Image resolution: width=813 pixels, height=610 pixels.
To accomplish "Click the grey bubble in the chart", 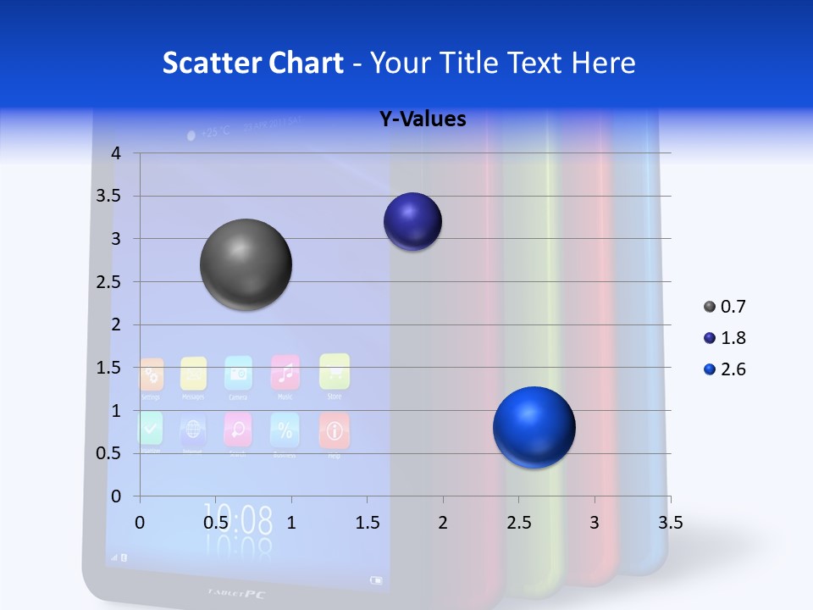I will point(246,264).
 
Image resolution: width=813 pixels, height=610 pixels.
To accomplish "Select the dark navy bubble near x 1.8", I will point(412,222).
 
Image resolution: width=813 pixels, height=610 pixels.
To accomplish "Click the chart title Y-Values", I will point(423,119).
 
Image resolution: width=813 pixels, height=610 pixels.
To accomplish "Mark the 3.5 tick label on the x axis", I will point(670,522).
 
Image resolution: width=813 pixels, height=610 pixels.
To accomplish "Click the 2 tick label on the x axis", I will point(443,522).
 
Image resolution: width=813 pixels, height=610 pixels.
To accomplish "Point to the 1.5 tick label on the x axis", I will point(367,522).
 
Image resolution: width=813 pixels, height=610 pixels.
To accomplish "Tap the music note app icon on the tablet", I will point(285,372).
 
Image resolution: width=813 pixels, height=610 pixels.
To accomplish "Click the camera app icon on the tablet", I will point(238,373).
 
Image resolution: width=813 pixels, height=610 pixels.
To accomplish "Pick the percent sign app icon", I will point(284,430).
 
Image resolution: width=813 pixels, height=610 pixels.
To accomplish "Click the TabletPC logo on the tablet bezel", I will point(236,593).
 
